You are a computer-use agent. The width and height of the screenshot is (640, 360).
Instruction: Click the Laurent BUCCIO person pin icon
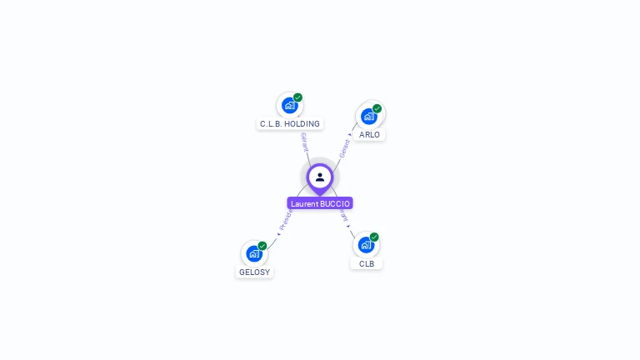320,177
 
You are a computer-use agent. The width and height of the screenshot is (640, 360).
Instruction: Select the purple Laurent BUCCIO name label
320,203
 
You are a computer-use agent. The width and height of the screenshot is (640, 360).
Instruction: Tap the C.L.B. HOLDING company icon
289,105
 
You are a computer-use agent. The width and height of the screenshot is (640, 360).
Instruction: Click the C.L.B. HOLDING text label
289,124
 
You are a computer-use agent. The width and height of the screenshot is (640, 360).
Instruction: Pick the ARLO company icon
369,116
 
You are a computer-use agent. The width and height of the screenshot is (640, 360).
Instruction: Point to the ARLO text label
369,135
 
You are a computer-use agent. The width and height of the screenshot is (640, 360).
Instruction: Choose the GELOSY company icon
254,253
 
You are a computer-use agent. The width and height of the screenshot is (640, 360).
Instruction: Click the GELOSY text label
254,272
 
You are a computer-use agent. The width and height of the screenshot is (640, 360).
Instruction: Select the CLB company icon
366,244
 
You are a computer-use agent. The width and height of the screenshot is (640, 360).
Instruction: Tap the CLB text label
367,264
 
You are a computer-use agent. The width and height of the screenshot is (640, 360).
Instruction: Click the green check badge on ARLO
377,108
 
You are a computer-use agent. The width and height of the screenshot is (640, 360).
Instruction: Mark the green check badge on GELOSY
262,246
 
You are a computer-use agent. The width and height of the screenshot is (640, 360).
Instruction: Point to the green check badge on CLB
374,237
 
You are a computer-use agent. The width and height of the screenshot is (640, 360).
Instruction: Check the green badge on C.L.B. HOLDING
297,97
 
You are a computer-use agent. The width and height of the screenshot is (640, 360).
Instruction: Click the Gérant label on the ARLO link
344,147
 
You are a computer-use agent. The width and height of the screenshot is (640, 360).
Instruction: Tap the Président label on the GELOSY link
286,220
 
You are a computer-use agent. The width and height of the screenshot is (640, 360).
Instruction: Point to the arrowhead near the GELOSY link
277,233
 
